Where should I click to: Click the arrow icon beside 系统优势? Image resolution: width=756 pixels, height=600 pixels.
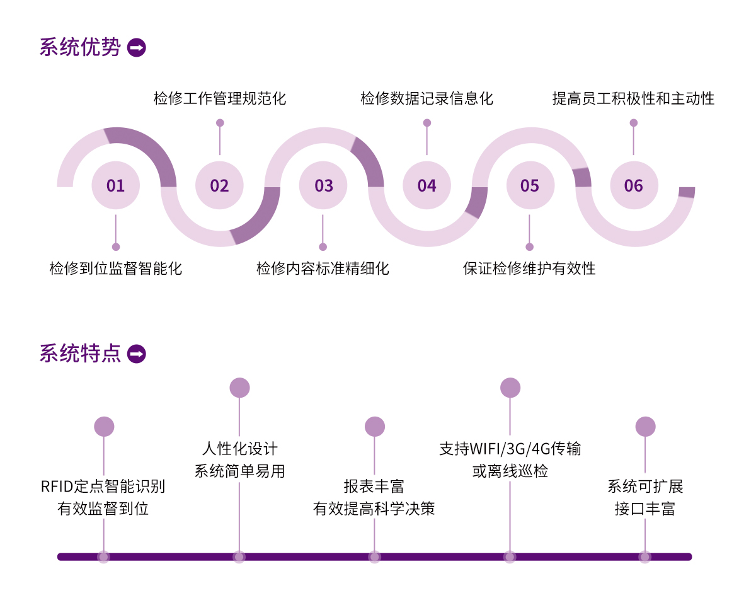pyautogui.click(x=137, y=48)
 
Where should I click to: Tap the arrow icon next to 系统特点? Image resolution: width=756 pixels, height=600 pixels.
pyautogui.click(x=137, y=354)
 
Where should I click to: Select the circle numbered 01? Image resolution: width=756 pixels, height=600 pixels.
pyautogui.click(x=116, y=185)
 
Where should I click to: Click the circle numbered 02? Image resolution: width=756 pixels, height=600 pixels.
pyautogui.click(x=219, y=185)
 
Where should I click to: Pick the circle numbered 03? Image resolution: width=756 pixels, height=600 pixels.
pyautogui.click(x=323, y=185)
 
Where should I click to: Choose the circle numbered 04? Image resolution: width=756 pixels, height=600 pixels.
pyautogui.click(x=427, y=185)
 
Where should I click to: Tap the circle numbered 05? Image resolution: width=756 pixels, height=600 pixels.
pyautogui.click(x=530, y=185)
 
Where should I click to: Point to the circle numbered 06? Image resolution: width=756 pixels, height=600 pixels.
pyautogui.click(x=634, y=185)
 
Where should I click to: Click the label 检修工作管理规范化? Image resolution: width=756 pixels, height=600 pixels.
pyautogui.click(x=220, y=98)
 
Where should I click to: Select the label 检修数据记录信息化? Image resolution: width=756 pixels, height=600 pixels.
pyautogui.click(x=427, y=98)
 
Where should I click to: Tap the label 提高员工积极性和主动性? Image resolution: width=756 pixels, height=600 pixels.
pyautogui.click(x=633, y=98)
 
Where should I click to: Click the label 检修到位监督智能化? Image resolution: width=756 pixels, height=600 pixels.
pyautogui.click(x=116, y=268)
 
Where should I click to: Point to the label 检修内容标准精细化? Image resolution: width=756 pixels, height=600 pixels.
pyautogui.click(x=323, y=268)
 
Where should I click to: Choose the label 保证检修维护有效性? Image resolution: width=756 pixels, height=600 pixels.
pyautogui.click(x=529, y=268)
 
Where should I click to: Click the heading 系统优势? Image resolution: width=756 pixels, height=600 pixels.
pyautogui.click(x=80, y=48)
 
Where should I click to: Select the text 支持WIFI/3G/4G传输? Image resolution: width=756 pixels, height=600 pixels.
pyautogui.click(x=510, y=449)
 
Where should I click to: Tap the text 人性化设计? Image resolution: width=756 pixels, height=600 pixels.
pyautogui.click(x=239, y=449)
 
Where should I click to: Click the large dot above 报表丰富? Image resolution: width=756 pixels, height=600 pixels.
pyautogui.click(x=375, y=427)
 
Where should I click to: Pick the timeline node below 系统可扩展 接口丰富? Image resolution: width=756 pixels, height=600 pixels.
pyautogui.click(x=645, y=557)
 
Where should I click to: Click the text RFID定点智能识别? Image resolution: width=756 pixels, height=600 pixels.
pyautogui.click(x=103, y=487)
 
